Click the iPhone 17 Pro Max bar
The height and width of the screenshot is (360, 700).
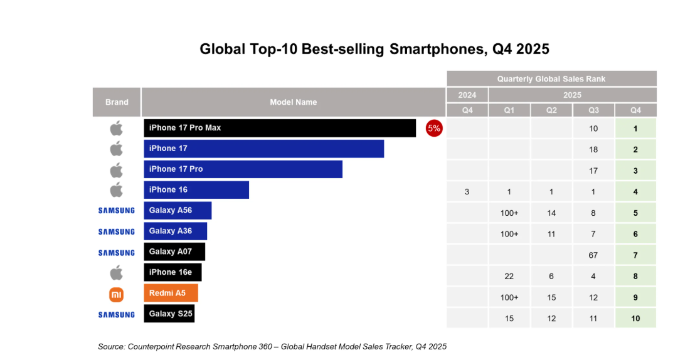(280, 128)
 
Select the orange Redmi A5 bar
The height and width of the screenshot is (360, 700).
(171, 293)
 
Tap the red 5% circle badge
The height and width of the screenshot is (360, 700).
(434, 129)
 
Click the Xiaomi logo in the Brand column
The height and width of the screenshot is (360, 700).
(117, 294)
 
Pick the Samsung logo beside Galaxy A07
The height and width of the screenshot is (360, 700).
(117, 253)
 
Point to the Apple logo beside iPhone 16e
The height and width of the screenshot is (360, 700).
(117, 273)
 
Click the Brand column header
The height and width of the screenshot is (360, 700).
(117, 102)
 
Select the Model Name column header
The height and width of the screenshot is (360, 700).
(293, 102)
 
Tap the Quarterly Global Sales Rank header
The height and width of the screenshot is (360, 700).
(551, 79)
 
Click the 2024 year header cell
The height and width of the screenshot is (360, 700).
(467, 95)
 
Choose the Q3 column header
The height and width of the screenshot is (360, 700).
(593, 110)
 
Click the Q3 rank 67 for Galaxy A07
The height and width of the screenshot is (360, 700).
(593, 255)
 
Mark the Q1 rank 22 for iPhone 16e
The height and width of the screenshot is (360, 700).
(509, 276)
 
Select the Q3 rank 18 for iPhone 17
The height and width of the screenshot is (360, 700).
(593, 150)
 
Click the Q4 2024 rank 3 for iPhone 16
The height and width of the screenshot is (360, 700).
(467, 192)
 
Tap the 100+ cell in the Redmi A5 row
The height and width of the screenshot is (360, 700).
(509, 297)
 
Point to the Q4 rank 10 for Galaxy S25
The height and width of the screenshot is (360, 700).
(635, 319)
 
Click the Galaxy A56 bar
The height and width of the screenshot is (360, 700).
(178, 211)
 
